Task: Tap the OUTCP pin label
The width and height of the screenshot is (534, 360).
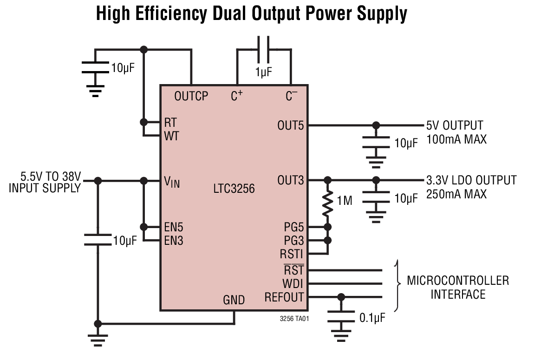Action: (x=191, y=97)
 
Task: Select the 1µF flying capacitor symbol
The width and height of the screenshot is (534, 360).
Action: (x=263, y=49)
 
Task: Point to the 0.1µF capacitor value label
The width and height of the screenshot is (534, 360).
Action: (x=372, y=318)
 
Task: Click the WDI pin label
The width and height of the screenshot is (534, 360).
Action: (x=293, y=283)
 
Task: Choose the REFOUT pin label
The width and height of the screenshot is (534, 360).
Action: (x=284, y=297)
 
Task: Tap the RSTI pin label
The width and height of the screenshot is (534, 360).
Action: (x=291, y=255)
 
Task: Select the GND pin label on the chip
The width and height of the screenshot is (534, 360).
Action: (x=234, y=300)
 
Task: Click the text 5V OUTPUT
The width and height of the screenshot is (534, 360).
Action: (x=455, y=125)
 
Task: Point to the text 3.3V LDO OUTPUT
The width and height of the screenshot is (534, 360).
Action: (x=471, y=180)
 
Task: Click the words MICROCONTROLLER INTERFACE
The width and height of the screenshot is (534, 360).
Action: (x=458, y=287)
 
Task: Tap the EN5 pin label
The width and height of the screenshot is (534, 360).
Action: (x=174, y=228)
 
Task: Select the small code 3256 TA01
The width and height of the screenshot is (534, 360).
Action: (x=294, y=319)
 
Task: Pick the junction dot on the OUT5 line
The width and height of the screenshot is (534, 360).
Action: (x=376, y=125)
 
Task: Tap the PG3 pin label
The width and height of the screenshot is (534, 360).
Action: (x=293, y=241)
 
